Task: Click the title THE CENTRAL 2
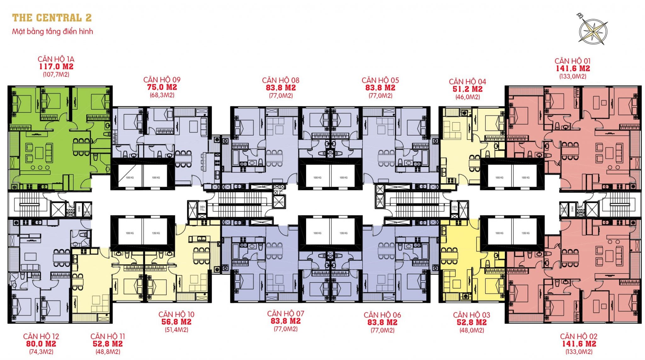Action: click(x=52, y=18)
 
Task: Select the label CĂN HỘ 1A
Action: click(x=56, y=59)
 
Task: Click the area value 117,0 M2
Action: click(x=56, y=67)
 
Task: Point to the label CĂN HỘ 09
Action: click(x=162, y=80)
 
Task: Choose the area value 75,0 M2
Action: click(x=162, y=87)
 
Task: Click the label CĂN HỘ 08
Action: click(x=281, y=80)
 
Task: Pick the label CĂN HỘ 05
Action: click(x=380, y=80)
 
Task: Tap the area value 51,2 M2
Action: click(x=467, y=89)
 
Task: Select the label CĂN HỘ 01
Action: click(x=573, y=61)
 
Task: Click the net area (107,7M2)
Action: click(x=56, y=75)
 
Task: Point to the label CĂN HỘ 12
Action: click(x=41, y=336)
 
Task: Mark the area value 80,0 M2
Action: click(x=41, y=344)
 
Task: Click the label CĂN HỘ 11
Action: click(x=108, y=336)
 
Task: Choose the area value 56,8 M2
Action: click(x=176, y=322)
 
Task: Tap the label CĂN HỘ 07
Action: click(x=286, y=314)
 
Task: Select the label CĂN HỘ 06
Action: click(x=382, y=315)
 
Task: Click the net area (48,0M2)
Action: click(x=471, y=330)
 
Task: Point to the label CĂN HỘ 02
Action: click(x=579, y=336)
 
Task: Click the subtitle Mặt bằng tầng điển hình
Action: click(x=53, y=31)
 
